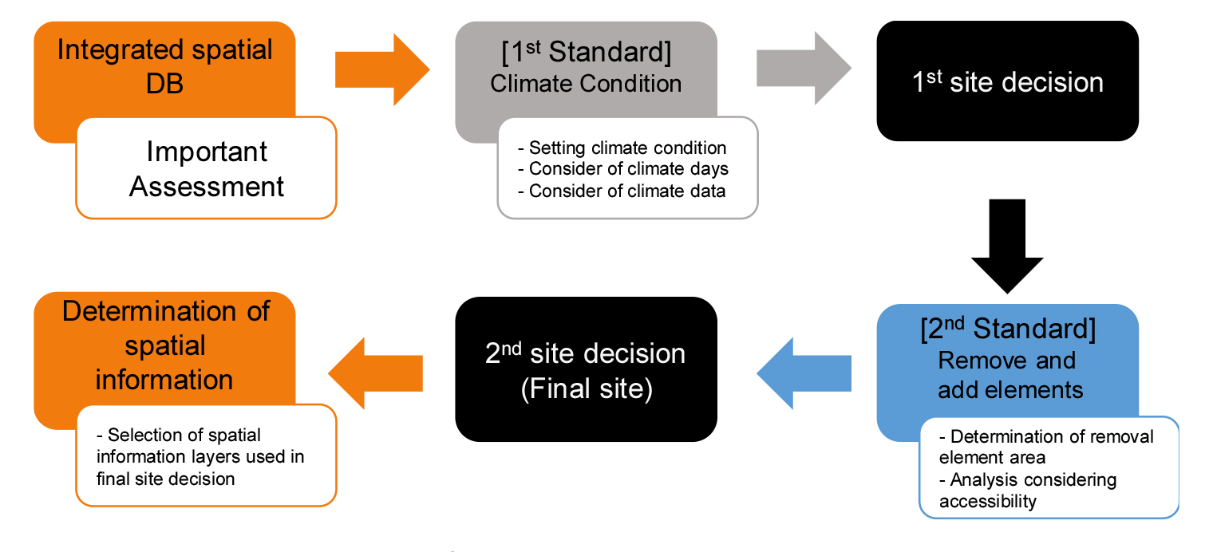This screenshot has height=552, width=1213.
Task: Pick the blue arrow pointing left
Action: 804,373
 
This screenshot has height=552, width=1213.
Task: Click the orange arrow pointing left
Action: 375,373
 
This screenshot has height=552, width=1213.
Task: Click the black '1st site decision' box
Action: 1007,82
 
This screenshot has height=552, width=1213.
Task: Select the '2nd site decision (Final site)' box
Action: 586,369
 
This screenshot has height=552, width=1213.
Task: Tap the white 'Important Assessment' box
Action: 207,169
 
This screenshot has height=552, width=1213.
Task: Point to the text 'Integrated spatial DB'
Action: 165,65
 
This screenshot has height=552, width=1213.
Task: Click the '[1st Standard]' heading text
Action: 586,52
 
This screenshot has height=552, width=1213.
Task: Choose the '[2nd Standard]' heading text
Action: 1007,329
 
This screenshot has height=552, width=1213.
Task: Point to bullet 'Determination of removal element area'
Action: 1045,447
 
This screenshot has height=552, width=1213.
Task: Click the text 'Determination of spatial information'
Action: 165,345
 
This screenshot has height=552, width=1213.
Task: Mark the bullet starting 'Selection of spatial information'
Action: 200,457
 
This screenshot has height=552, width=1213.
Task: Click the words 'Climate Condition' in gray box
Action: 586,84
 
